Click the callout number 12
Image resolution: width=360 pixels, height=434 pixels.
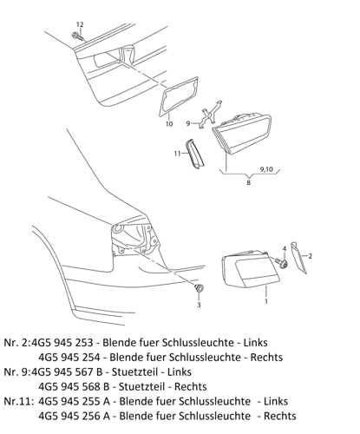point(80,23)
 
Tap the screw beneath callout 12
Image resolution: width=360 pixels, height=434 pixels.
point(78,37)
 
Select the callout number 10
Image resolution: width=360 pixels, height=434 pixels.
point(168,124)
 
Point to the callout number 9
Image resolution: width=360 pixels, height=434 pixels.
point(187,123)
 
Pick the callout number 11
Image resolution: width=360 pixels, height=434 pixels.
point(176,153)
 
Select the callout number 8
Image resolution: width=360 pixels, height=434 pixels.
point(249,183)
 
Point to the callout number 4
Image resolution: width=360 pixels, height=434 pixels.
point(285,249)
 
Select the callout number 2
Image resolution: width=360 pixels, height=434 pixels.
point(310,256)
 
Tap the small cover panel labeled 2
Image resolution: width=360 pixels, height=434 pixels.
point(296,258)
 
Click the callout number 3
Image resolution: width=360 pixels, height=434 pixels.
point(198,306)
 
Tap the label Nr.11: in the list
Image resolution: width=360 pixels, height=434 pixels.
point(18,401)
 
